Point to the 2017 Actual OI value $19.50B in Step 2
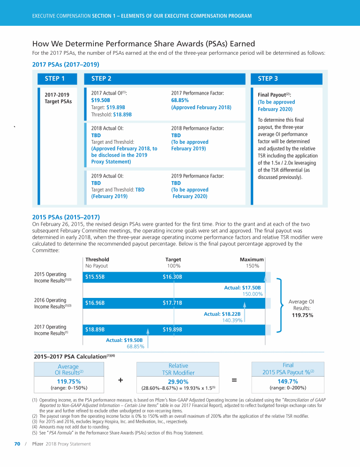(100, 100)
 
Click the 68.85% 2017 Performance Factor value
(180, 100)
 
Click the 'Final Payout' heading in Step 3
(274, 94)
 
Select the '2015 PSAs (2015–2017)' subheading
(66, 217)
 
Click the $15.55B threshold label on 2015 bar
(95, 277)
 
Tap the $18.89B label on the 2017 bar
(95, 330)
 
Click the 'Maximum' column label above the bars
(252, 259)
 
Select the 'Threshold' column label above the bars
(97, 259)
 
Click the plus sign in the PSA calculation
(120, 381)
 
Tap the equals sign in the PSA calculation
(234, 381)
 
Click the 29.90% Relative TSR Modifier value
(178, 382)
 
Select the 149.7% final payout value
(288, 381)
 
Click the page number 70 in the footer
(16, 444)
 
